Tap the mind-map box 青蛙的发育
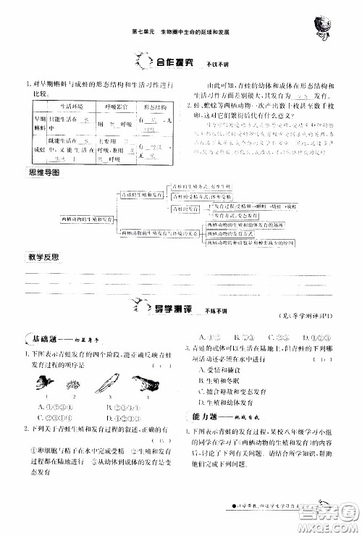pyautogui.click(x=187, y=208)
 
